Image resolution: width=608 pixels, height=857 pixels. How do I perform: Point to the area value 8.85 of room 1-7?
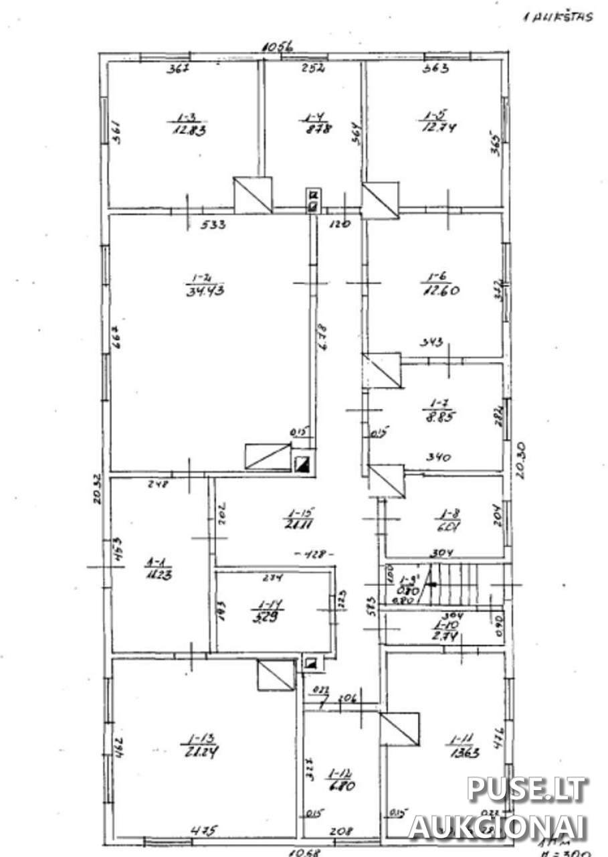(438, 416)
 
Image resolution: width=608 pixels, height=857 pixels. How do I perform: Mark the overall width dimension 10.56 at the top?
(278, 47)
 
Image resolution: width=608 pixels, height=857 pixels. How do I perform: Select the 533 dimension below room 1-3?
(213, 225)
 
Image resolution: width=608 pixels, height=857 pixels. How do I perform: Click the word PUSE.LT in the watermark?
(528, 790)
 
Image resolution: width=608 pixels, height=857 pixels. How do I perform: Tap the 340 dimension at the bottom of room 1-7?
(439, 458)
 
